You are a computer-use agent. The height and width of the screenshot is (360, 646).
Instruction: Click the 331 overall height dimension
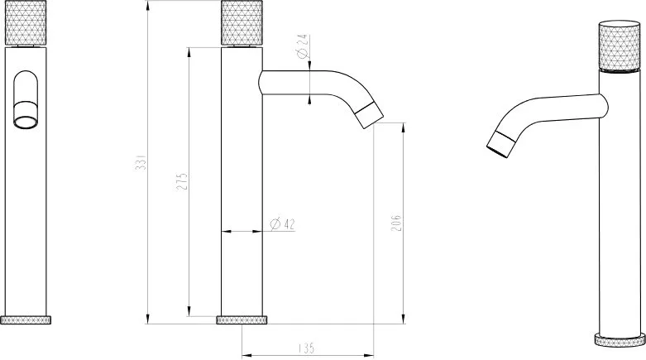pyautogui.click(x=141, y=162)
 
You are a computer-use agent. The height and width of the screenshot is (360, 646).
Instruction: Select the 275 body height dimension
pyautogui.click(x=182, y=181)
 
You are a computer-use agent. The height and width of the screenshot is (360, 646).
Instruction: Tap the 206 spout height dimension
pyautogui.click(x=396, y=223)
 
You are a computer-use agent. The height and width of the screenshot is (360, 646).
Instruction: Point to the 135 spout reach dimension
pyautogui.click(x=306, y=348)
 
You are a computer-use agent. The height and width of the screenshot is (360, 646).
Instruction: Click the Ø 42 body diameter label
pyautogui.click(x=283, y=224)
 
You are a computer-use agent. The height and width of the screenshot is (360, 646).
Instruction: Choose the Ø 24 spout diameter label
pyautogui.click(x=303, y=46)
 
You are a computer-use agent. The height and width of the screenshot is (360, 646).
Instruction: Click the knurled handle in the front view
pyautogui.click(x=26, y=22)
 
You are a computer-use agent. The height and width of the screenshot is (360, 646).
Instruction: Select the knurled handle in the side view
pyautogui.click(x=242, y=22)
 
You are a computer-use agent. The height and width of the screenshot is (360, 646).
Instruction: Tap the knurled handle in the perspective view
pyautogui.click(x=620, y=46)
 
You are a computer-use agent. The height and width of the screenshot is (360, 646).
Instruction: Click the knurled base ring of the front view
pyautogui.click(x=26, y=320)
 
